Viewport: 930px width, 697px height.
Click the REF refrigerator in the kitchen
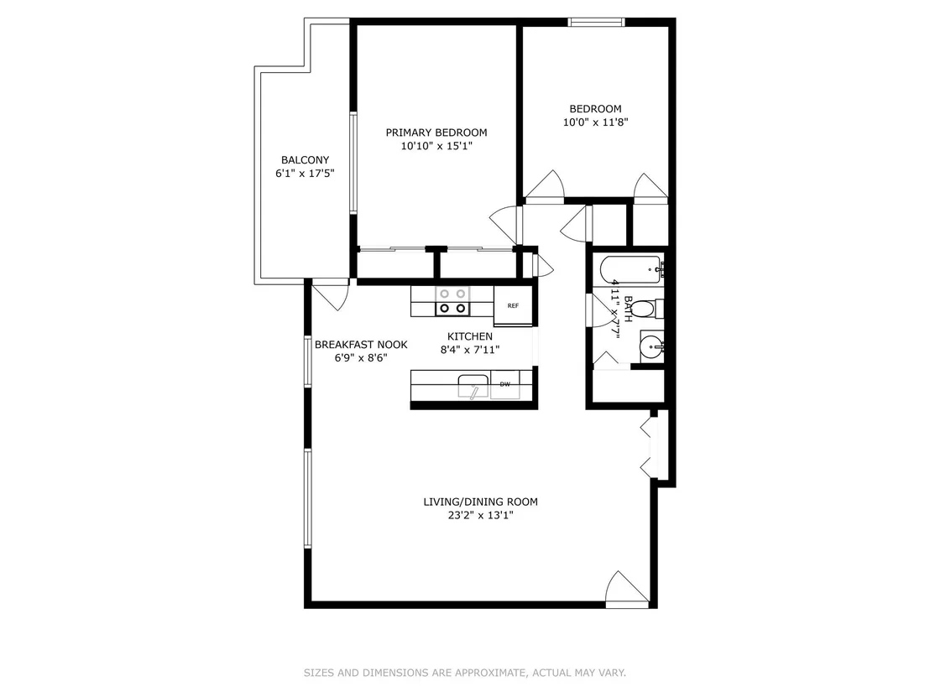pos(513,305)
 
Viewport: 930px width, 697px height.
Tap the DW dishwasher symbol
pos(504,384)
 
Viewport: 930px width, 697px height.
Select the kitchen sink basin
pos(473,385)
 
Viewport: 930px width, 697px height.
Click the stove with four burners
pos(452,300)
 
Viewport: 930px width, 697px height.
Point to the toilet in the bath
pos(644,309)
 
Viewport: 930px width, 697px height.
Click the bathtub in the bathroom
pos(632,270)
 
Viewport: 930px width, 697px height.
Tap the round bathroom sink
pos(651,346)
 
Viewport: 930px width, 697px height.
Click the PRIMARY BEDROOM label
pos(436,133)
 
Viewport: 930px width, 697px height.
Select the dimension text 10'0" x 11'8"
pos(595,122)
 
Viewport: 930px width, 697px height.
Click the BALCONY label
pos(305,159)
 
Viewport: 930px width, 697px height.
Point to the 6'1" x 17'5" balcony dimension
pos(305,173)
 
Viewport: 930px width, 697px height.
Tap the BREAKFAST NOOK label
pos(361,345)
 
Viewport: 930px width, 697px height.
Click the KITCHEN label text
pos(470,336)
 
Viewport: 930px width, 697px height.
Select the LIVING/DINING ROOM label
pos(480,502)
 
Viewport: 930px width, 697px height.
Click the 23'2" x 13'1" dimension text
pos(480,515)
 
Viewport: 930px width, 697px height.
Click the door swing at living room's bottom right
pos(627,589)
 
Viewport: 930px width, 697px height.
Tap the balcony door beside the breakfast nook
pos(331,294)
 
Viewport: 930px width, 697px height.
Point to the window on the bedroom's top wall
pos(596,23)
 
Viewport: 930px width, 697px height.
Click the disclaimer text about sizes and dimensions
pos(465,673)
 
